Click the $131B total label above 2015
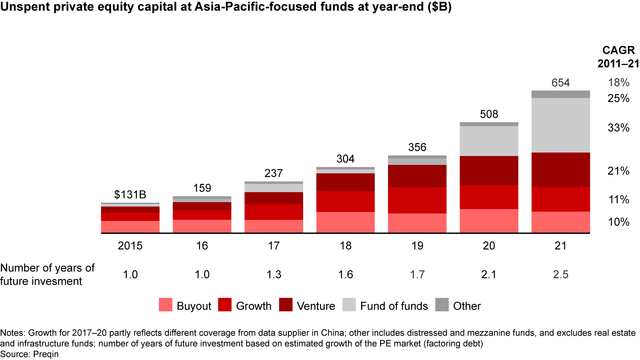(130, 195)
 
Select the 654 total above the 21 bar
(560, 83)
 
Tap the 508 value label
(489, 114)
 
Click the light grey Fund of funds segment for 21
(560, 125)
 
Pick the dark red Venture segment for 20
(489, 170)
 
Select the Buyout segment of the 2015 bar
(130, 227)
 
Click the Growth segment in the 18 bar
(345, 201)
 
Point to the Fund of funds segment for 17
(274, 188)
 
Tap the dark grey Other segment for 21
(560, 94)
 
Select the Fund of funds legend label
(394, 306)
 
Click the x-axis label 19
(417, 246)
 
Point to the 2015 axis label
(130, 246)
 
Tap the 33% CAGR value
(618, 128)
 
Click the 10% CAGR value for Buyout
(618, 222)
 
